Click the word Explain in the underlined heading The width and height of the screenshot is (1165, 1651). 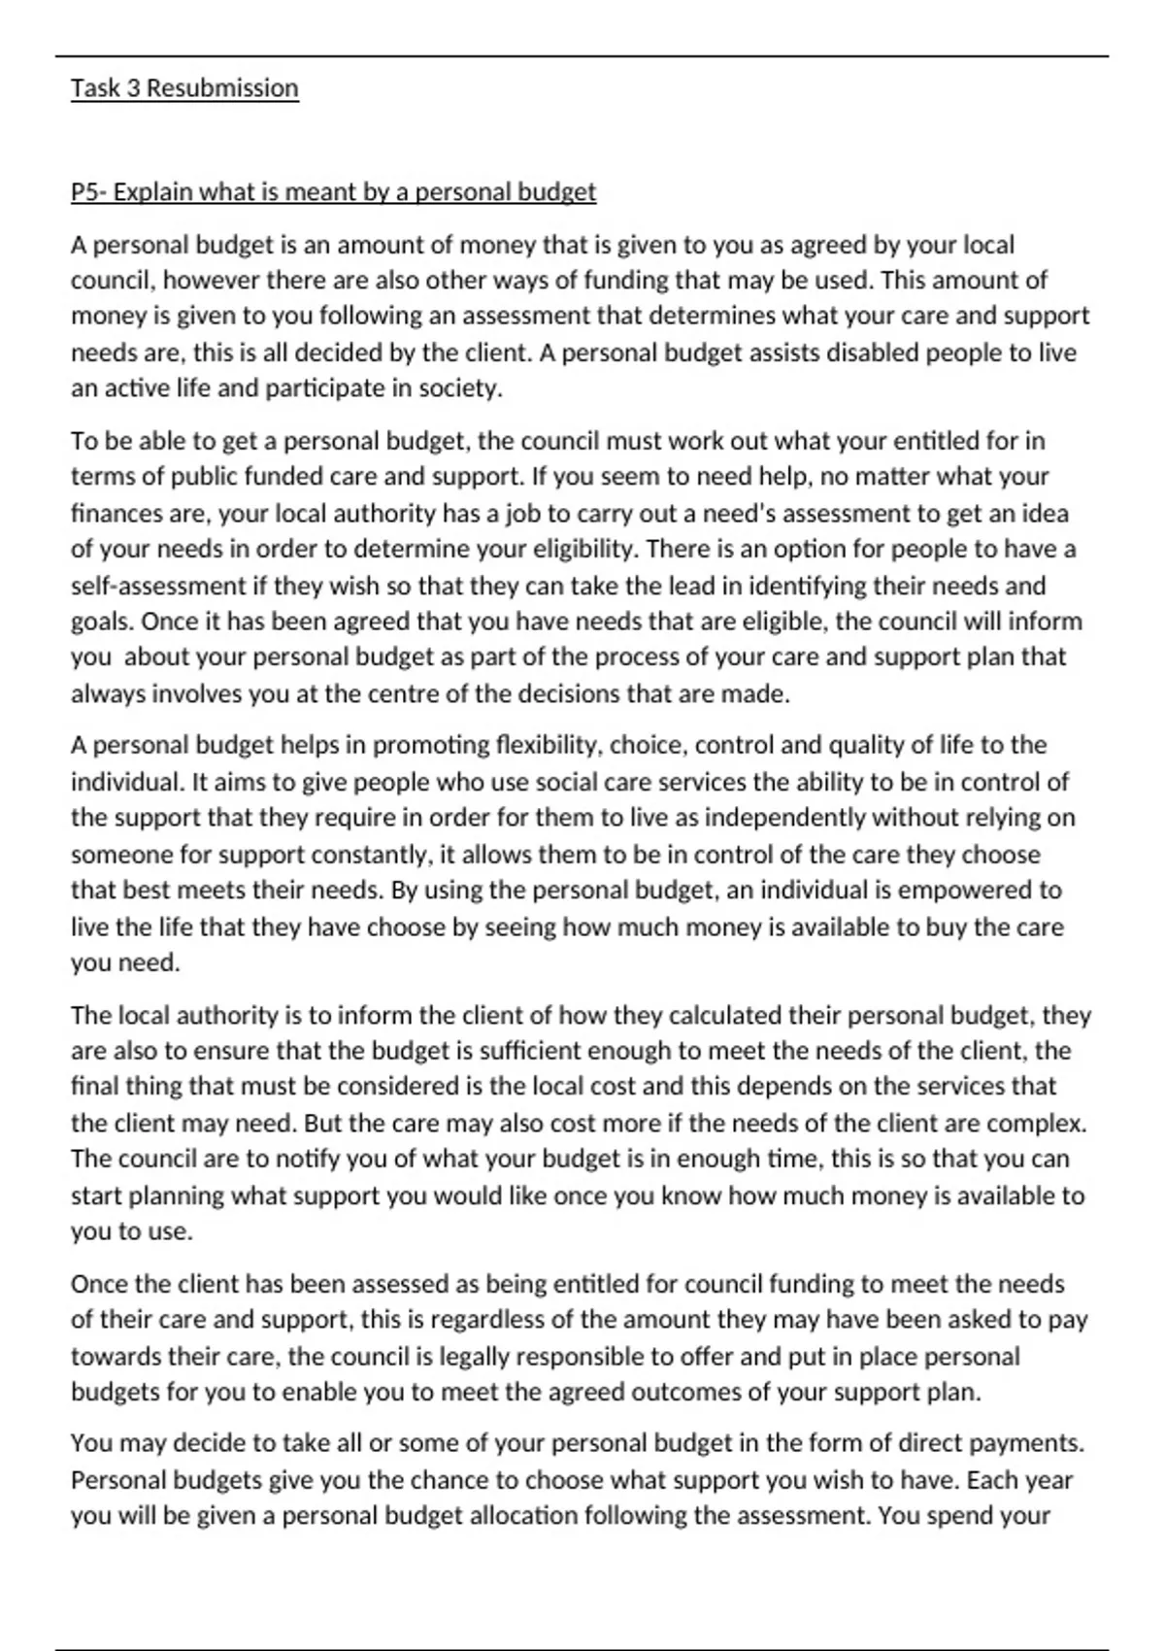pyautogui.click(x=154, y=192)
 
